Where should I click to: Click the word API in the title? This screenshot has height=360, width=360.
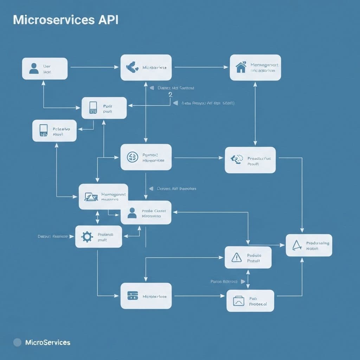click(107, 20)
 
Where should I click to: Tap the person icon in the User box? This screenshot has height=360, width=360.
click(34, 68)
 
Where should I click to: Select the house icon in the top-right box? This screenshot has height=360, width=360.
click(241, 67)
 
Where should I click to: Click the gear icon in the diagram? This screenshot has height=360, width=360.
click(87, 237)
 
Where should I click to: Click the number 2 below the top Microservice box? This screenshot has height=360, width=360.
click(171, 95)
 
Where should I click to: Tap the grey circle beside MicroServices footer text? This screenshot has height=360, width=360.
click(17, 342)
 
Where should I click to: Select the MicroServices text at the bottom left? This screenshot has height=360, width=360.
click(48, 342)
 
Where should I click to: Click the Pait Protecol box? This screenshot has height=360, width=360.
click(250, 301)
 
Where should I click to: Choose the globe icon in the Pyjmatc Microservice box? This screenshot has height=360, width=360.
click(133, 157)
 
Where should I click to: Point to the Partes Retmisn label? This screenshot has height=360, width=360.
click(224, 282)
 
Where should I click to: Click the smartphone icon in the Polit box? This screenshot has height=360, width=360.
click(93, 108)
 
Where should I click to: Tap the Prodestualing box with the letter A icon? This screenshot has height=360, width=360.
click(309, 245)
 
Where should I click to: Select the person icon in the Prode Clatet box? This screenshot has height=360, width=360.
click(132, 213)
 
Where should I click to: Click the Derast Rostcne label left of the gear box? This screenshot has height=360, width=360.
click(52, 237)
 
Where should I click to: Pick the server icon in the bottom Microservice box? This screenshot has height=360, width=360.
click(132, 296)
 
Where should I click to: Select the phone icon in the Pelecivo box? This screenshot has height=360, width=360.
click(44, 130)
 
